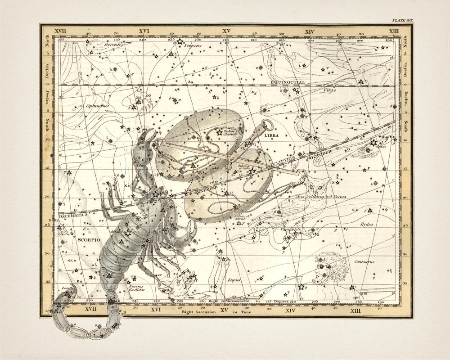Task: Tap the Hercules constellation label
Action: [x=113, y=45]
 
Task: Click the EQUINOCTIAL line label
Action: [x=288, y=82]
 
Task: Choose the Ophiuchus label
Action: [x=95, y=106]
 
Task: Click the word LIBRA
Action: [x=272, y=135]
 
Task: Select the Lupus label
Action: [x=234, y=280]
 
